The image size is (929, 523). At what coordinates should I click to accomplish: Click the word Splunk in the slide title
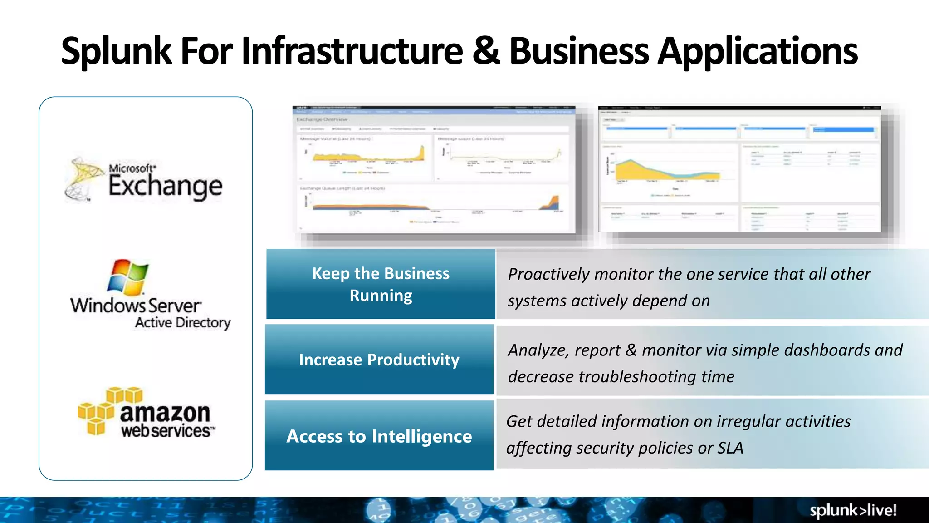[x=116, y=51]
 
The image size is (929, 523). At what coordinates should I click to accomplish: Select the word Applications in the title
[x=758, y=52]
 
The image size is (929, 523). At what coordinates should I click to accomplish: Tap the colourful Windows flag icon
[x=127, y=277]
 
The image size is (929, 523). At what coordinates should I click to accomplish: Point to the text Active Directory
[x=183, y=322]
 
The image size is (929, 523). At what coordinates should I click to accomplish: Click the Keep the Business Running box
[x=381, y=284]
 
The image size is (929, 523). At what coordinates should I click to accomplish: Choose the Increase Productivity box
[x=379, y=360]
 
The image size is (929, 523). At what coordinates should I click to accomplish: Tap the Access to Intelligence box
[x=379, y=436]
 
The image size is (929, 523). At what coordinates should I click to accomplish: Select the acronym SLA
[x=730, y=448]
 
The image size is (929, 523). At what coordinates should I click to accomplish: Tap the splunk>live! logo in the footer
[x=853, y=510]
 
